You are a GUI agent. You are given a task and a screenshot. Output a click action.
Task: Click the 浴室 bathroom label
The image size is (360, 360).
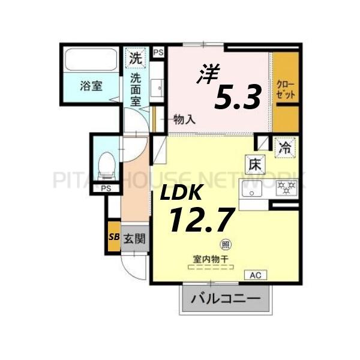(x=91, y=85)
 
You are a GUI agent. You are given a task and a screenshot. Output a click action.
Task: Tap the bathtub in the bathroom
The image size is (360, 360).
(x=91, y=61)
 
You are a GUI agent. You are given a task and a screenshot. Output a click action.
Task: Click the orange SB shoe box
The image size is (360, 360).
(x=113, y=237)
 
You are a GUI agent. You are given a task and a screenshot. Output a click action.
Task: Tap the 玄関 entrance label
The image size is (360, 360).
(x=134, y=238)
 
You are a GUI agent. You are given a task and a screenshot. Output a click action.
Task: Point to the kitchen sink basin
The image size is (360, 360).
(x=251, y=190)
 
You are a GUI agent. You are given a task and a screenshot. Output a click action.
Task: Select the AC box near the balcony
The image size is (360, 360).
(x=254, y=275)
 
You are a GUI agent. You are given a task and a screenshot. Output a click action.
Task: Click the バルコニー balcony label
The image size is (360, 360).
(x=226, y=298)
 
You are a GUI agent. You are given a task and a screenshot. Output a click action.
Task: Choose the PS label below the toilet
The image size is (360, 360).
(x=106, y=188)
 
